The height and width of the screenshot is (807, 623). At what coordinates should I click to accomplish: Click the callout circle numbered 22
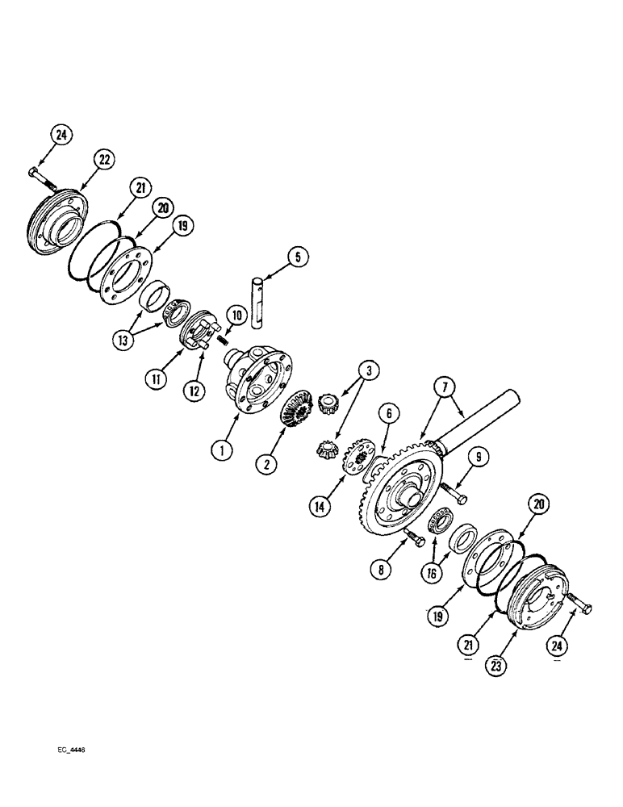(x=103, y=160)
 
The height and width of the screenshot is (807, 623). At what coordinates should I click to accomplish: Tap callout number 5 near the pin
(x=296, y=257)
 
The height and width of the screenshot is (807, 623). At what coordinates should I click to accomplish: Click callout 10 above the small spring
(x=236, y=314)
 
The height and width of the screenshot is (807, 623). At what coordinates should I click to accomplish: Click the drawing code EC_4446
(x=66, y=749)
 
